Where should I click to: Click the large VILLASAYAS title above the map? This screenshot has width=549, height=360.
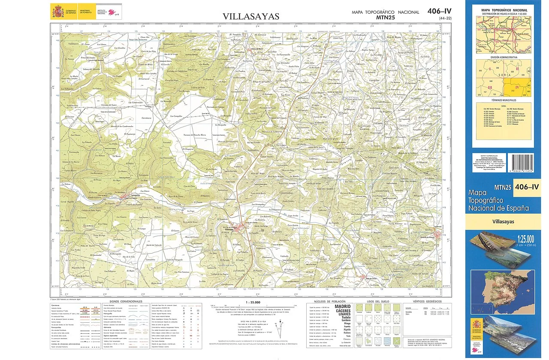[x=251, y=17]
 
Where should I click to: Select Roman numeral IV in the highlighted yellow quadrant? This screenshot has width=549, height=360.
[x=517, y=87]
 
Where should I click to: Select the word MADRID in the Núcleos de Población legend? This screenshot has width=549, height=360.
[x=343, y=307]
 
